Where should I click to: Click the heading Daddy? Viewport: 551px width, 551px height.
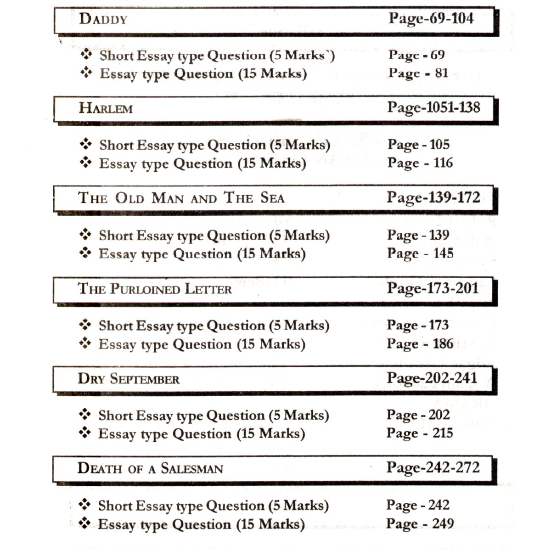click(x=103, y=19)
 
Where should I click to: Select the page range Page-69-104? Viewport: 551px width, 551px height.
click(x=431, y=18)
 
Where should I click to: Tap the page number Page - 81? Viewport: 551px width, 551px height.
click(x=418, y=73)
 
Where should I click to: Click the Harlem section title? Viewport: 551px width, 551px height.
click(x=106, y=108)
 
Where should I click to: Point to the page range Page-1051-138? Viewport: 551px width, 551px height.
click(x=433, y=107)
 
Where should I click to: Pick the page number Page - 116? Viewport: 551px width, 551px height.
click(x=420, y=163)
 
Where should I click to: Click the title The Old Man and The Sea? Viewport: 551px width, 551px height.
click(x=181, y=198)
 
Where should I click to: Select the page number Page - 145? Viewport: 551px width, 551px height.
click(x=420, y=253)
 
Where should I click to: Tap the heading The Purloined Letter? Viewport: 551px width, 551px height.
click(x=155, y=289)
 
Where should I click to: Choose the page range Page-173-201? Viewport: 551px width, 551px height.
click(x=433, y=288)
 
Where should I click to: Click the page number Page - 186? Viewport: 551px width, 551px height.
click(x=420, y=344)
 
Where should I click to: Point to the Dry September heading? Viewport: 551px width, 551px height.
click(x=129, y=379)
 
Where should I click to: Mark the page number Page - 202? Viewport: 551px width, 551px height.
click(x=418, y=415)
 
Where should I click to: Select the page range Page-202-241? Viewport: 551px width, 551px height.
click(x=432, y=378)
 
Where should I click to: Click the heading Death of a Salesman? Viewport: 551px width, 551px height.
click(x=150, y=468)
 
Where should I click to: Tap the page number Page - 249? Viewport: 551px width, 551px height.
click(x=420, y=524)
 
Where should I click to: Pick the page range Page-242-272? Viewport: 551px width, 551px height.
click(x=433, y=468)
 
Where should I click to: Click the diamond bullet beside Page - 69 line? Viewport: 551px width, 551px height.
click(x=86, y=55)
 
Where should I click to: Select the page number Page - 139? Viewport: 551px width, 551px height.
click(x=418, y=235)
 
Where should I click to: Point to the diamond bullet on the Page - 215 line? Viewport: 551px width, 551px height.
click(x=85, y=433)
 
